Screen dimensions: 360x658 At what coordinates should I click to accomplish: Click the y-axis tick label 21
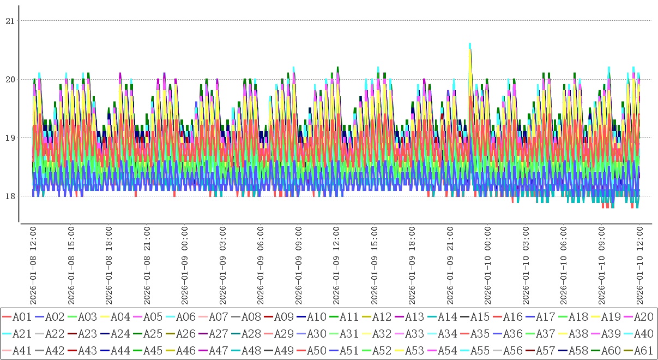tap(9, 21)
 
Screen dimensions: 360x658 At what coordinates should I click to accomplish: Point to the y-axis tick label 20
tap(9, 79)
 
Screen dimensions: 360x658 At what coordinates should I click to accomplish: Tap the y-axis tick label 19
tap(9, 137)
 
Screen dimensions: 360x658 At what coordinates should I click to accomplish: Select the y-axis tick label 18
tap(9, 196)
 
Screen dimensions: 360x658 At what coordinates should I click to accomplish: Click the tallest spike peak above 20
tap(470, 44)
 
